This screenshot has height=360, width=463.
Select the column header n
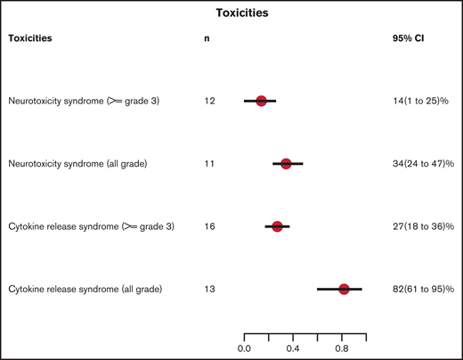pos(207,39)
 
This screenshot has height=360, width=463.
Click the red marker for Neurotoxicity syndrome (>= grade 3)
pos(261,101)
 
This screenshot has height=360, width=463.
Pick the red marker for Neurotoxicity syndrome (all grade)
pos(286,164)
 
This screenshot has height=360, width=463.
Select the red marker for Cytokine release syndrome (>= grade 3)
pos(277,226)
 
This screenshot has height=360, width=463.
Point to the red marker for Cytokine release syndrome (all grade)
pos(344,289)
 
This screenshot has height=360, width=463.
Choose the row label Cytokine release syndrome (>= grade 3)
pos(91,226)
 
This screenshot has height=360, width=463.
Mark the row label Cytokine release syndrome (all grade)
pos(84,289)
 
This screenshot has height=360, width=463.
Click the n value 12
pos(209,102)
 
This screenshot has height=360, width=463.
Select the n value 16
pos(209,226)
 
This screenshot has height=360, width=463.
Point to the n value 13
pos(209,289)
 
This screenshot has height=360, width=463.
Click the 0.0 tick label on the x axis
pos(244,348)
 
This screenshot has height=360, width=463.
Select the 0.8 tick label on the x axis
pos(341,348)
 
